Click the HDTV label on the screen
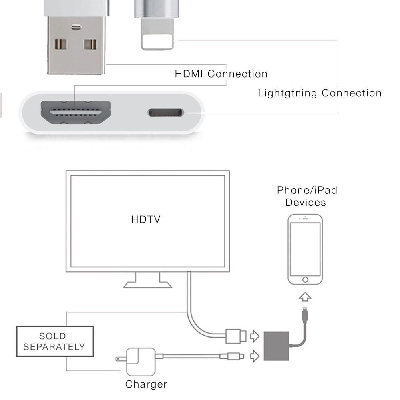click(146, 219)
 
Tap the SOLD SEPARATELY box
click(55, 341)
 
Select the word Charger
click(146, 384)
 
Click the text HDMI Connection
click(221, 74)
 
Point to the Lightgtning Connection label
click(320, 93)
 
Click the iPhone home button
click(305, 280)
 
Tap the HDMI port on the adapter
click(76, 112)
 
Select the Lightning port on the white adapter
click(166, 113)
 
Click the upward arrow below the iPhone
click(305, 297)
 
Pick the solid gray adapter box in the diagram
click(276, 346)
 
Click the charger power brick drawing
click(138, 362)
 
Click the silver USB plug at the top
click(76, 45)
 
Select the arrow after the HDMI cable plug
click(255, 336)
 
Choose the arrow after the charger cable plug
click(255, 356)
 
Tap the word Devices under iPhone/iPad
click(306, 203)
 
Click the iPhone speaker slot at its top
click(305, 219)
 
